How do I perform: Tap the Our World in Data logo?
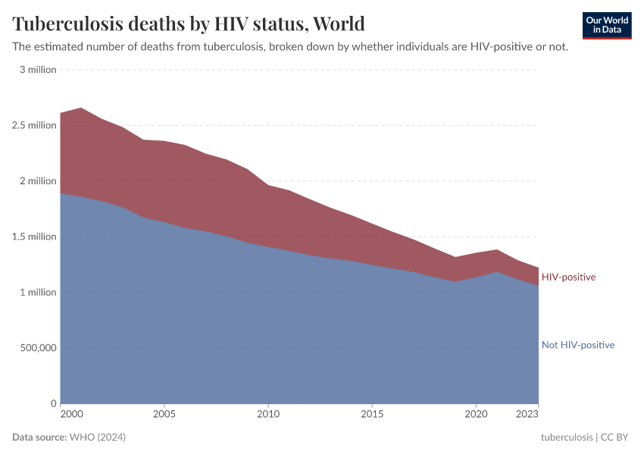[607, 25]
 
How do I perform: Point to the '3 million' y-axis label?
[38, 70]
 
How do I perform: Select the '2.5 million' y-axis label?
[35, 125]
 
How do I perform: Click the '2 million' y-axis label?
[38, 181]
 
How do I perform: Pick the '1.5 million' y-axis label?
[35, 237]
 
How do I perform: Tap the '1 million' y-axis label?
[38, 292]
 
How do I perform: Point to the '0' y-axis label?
[54, 403]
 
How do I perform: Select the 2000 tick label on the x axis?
[70, 415]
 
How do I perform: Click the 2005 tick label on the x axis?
[164, 415]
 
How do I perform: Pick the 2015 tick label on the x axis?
[371, 415]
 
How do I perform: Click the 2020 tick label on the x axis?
[475, 415]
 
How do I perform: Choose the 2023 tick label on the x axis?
[528, 415]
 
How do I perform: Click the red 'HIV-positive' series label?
[568, 277]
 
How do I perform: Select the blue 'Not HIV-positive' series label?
[577, 345]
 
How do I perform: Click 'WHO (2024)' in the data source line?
[97, 438]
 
